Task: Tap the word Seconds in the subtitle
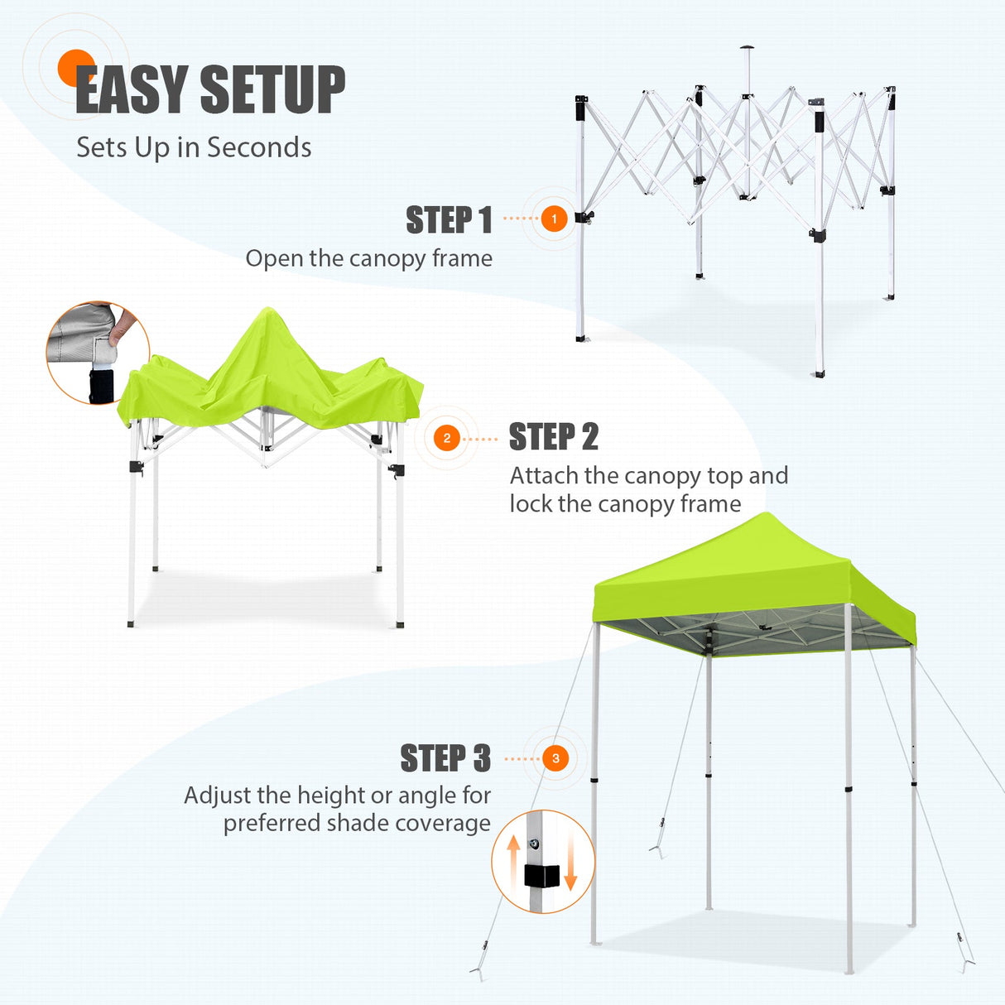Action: click(x=259, y=147)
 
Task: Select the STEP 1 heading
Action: click(x=449, y=220)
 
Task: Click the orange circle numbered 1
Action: click(x=554, y=219)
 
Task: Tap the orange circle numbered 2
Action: click(x=447, y=438)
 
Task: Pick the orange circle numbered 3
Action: click(x=555, y=757)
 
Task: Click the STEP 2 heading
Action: click(x=553, y=437)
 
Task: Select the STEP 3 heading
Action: click(x=445, y=758)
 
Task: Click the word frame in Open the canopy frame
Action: click(x=462, y=258)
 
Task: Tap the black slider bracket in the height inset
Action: click(x=541, y=876)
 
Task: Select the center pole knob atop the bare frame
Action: click(x=748, y=48)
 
